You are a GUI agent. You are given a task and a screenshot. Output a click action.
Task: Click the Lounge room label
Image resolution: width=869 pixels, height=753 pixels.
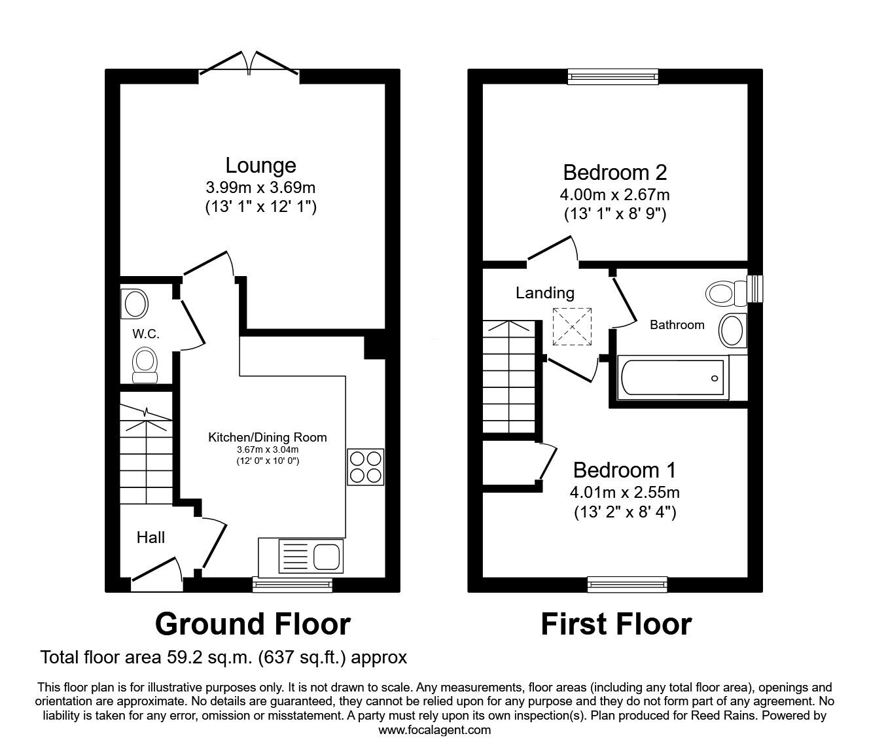pos(260,165)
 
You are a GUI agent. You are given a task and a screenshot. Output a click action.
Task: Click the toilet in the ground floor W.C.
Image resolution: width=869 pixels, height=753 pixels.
pos(145,363)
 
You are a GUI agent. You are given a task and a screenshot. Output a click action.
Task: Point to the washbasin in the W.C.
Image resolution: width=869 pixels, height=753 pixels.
pos(135,304)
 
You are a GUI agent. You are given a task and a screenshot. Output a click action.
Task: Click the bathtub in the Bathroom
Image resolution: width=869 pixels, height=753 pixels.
pos(672,378)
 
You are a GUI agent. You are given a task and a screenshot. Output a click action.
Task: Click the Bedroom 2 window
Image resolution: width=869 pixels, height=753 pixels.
pos(613,77)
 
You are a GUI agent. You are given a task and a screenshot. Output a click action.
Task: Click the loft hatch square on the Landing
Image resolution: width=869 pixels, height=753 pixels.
pos(572,326)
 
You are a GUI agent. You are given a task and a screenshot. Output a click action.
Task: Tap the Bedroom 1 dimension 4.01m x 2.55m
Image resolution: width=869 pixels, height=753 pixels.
pos(624,492)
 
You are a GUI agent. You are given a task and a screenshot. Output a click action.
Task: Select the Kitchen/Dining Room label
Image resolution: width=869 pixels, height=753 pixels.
pos(267,437)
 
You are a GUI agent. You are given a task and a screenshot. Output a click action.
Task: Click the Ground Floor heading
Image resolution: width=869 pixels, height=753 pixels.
pos(253,624)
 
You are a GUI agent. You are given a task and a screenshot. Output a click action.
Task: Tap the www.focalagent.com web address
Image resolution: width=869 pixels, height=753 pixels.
pos(434,729)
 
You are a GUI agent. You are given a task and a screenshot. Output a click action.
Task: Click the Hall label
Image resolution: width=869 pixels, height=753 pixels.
pos(151,538)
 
